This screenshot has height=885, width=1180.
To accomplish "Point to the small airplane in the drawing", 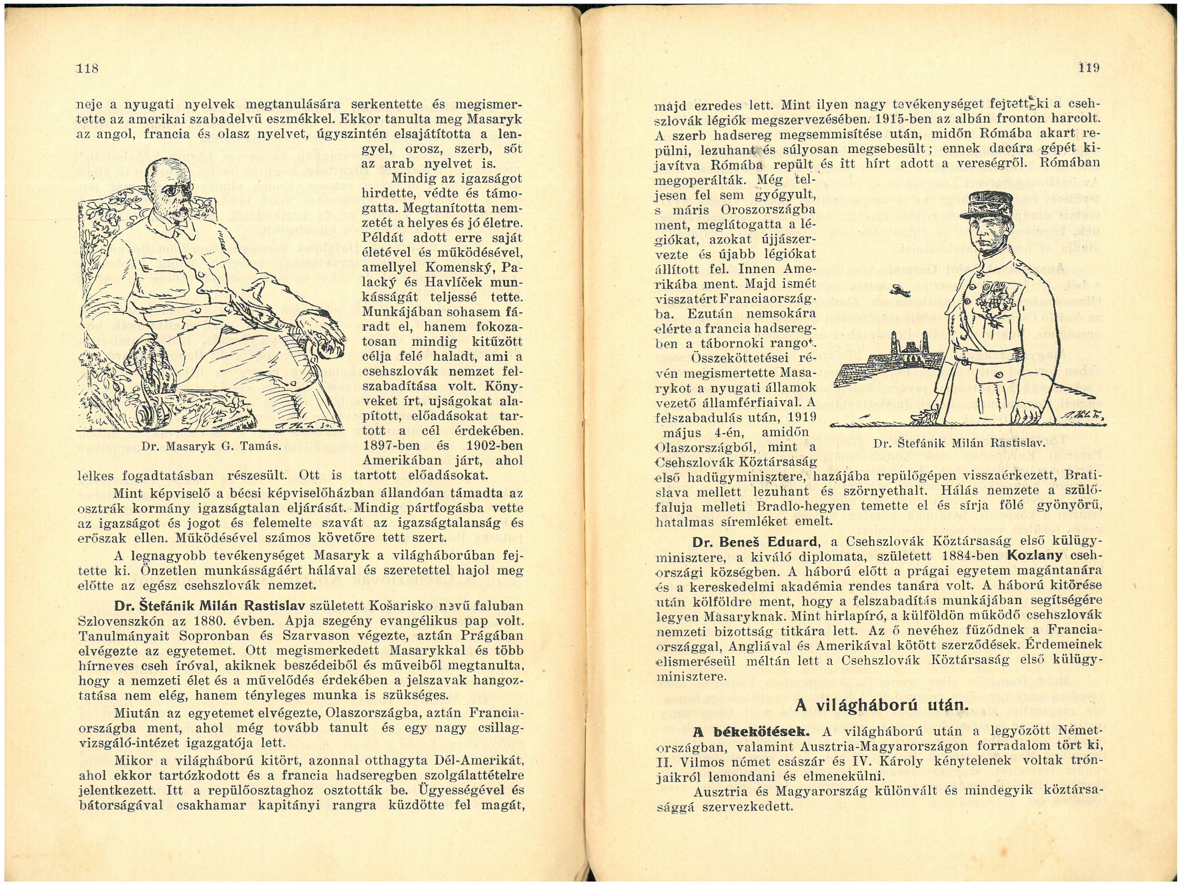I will [x=902, y=290].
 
